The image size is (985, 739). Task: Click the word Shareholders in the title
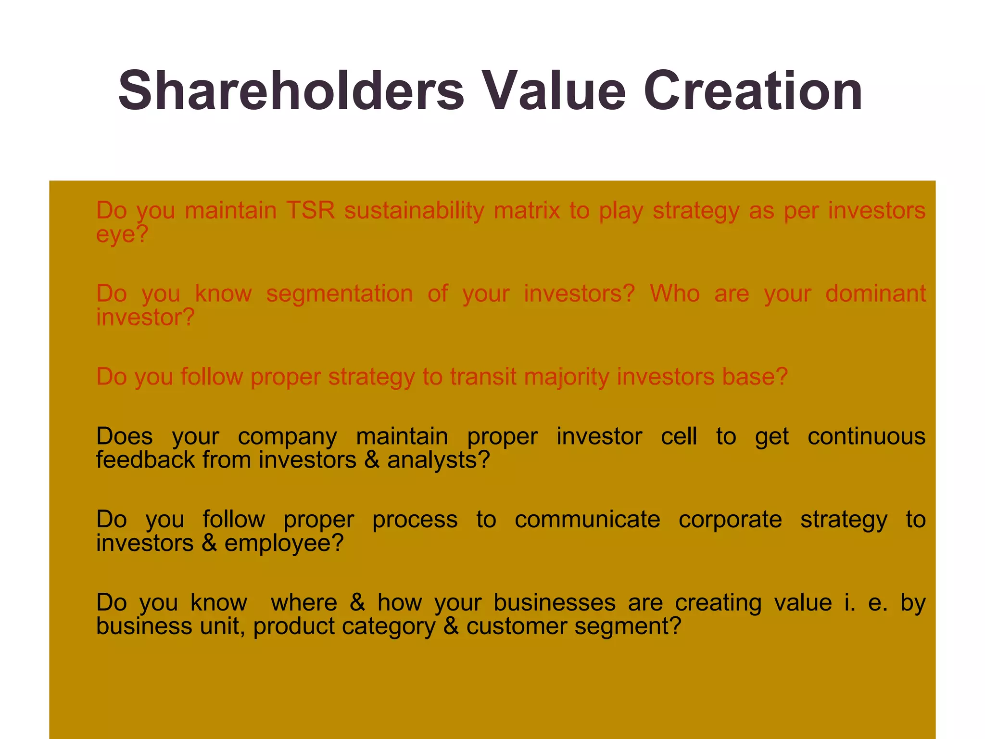coord(291,90)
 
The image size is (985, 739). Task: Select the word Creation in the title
coord(753,90)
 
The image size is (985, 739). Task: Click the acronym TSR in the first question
coord(310,211)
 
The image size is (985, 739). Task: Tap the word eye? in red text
coord(122,235)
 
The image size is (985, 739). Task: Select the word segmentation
coord(340,293)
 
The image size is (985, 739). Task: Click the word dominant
coord(875,293)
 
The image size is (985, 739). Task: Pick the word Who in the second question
coord(675,293)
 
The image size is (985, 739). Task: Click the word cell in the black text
coord(678,436)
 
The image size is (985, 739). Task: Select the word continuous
coord(866,436)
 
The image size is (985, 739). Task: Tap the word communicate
coord(587,520)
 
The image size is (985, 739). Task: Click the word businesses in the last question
coord(555,603)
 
